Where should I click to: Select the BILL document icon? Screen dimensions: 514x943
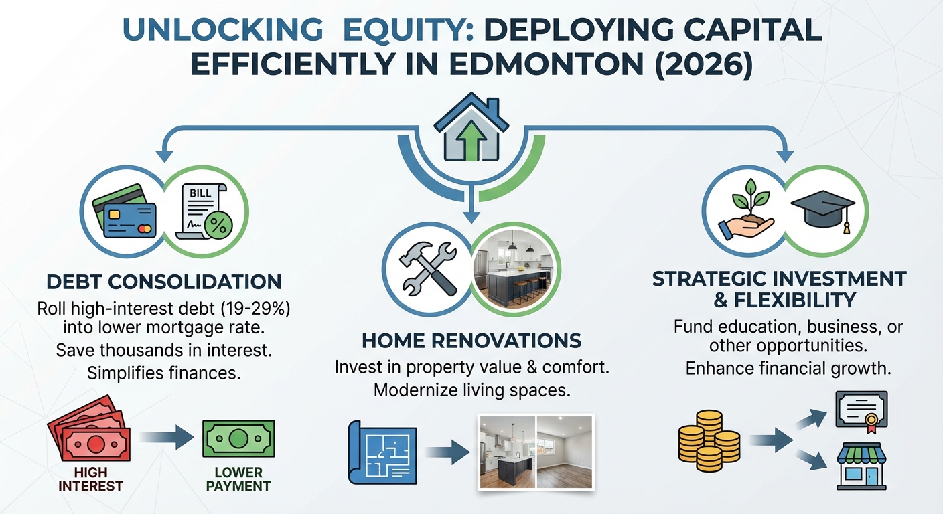[x=204, y=210]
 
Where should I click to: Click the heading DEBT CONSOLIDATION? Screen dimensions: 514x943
[x=163, y=281]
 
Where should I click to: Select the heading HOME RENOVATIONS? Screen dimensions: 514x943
[x=472, y=341]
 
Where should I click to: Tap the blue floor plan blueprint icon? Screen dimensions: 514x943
[x=378, y=452]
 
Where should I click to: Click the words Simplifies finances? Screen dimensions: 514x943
[x=163, y=373]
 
